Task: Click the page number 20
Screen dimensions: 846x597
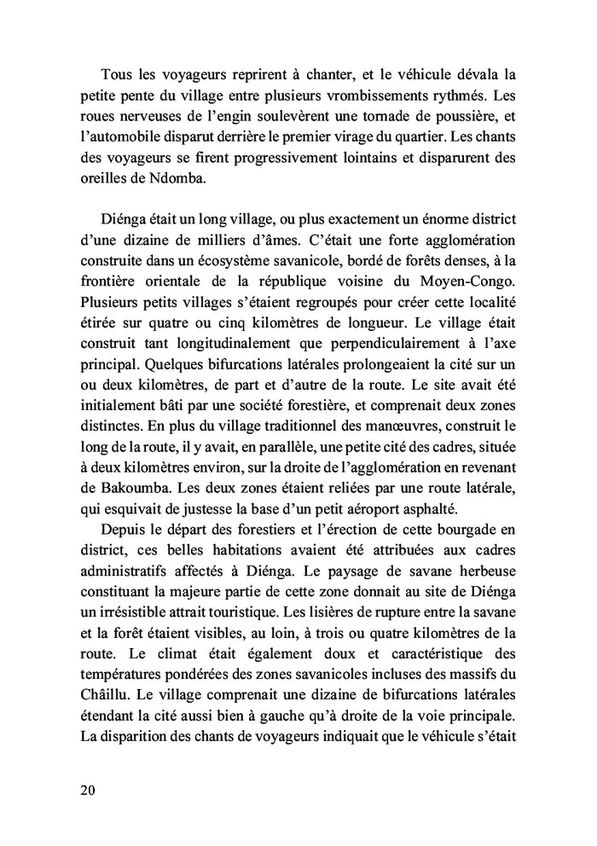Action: pos(86,789)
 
